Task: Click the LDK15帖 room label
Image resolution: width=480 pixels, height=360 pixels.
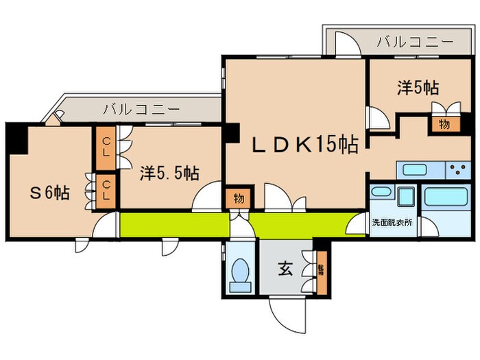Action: pos(297,145)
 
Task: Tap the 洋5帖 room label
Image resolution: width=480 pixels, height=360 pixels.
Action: pos(418,88)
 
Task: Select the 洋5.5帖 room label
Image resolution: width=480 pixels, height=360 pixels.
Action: pos(169,172)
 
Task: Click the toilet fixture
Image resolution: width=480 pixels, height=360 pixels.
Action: pos(241,273)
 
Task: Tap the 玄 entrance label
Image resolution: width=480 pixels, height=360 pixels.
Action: pos(287,269)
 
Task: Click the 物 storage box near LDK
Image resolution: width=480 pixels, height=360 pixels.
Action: pos(238,200)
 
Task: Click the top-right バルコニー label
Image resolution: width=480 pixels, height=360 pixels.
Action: pos(415,42)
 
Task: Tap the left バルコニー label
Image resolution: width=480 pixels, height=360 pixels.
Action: pos(141,108)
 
